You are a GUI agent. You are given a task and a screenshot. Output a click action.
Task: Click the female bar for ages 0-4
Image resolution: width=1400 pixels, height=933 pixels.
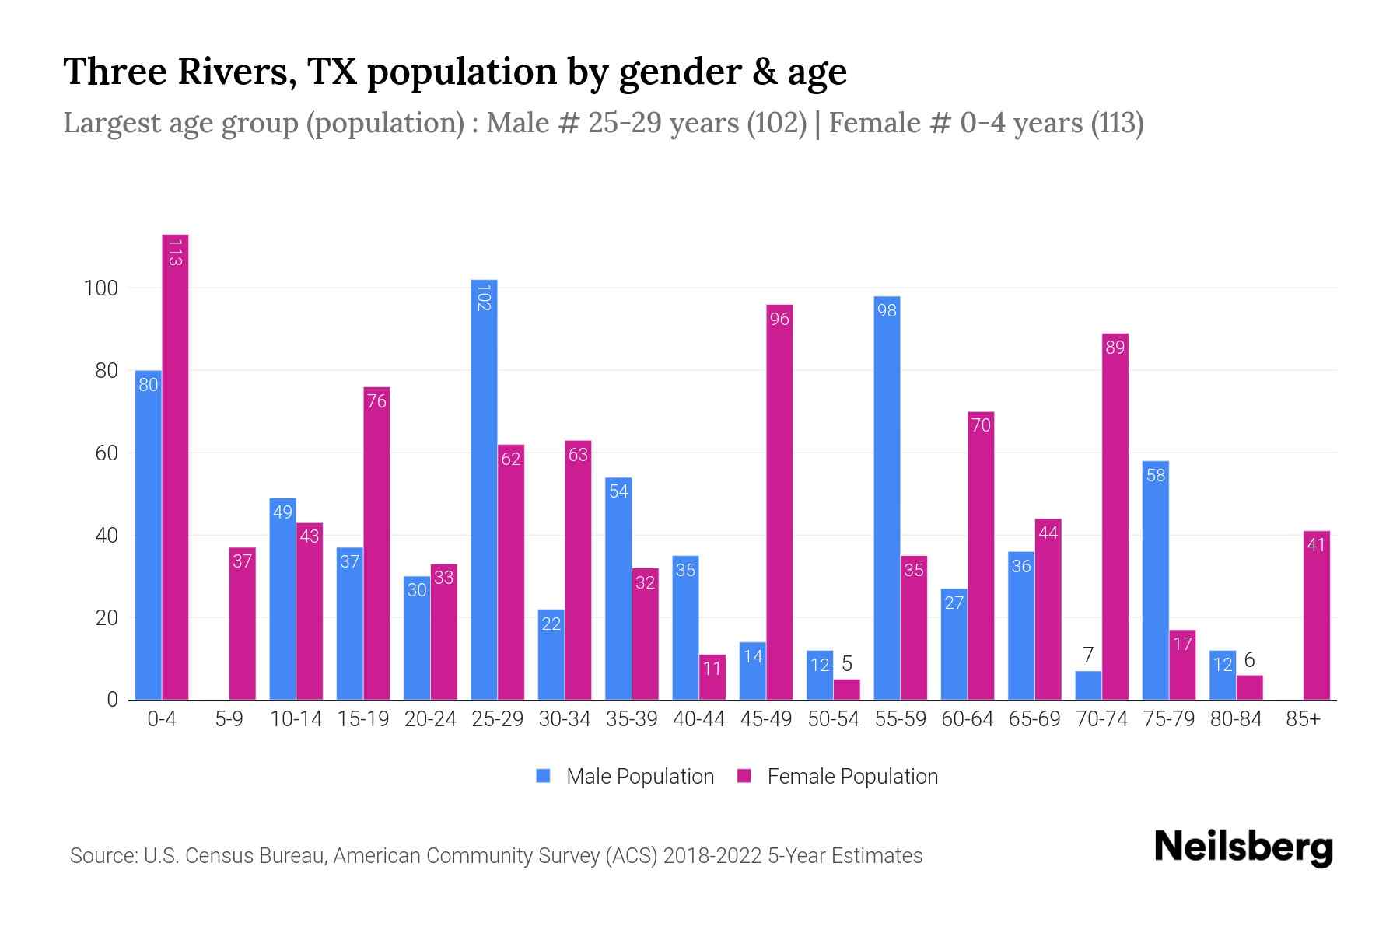coord(175,466)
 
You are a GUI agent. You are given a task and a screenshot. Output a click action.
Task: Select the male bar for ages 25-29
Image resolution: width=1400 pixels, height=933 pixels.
coord(484,490)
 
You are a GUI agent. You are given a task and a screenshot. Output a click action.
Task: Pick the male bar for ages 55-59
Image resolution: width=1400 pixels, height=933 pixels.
coord(887,498)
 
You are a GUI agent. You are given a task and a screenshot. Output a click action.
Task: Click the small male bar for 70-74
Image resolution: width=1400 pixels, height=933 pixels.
coord(1088,686)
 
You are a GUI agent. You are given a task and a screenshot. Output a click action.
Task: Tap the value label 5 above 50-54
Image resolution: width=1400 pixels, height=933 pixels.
coord(847,664)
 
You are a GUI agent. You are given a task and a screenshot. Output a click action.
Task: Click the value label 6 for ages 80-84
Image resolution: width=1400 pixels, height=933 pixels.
coord(1249,660)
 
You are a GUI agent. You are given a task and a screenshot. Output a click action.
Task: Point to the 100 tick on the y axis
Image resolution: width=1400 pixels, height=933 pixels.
coord(100,288)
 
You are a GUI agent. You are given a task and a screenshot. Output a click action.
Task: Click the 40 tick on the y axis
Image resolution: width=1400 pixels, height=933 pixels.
coord(106,536)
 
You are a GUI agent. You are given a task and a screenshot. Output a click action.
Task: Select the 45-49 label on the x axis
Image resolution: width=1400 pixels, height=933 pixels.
coord(765,719)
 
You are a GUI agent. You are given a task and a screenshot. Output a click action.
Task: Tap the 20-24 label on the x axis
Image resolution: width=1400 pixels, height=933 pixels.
coord(430,719)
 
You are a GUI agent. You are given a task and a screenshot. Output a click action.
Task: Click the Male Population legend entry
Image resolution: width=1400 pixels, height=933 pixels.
coord(625,776)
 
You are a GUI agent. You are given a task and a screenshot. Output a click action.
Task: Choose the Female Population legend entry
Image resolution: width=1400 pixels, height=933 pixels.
coord(837,776)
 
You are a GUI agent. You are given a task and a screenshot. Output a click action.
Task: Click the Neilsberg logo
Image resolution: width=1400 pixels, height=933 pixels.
coord(1243,847)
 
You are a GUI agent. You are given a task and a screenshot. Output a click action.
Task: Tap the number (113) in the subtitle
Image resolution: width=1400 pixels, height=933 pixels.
coord(1117,123)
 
